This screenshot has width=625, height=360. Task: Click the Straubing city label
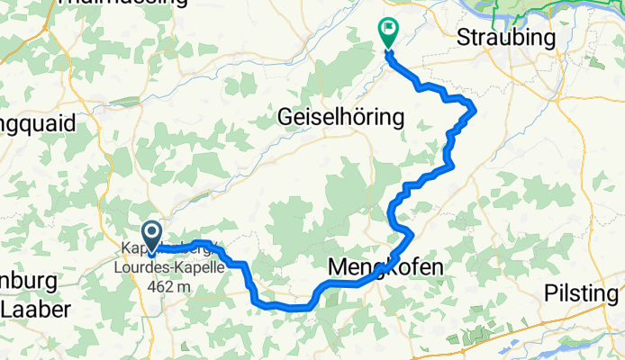click(506, 38)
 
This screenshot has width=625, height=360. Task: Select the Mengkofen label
click(385, 267)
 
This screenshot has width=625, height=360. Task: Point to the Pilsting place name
click(582, 294)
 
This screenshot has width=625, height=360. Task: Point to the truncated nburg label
click(27, 281)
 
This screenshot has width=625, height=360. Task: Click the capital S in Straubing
click(464, 38)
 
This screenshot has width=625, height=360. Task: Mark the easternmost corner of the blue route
click(475, 109)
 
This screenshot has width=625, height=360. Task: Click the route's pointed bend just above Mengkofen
click(412, 234)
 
